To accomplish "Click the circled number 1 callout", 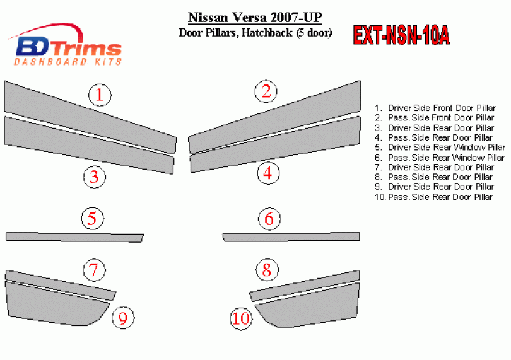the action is (100, 95).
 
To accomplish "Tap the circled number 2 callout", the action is (266, 91).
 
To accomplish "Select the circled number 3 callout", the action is (95, 177).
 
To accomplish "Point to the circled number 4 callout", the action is (268, 173).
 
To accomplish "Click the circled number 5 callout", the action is (93, 218).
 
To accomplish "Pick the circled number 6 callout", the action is (269, 219).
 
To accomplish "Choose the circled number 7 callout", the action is (94, 270).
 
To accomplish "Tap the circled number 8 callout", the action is (267, 270).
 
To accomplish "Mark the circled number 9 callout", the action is (123, 318).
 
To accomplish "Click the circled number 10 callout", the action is (242, 318).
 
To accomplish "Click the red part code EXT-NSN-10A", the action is (401, 35).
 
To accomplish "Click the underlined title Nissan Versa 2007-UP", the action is (255, 18).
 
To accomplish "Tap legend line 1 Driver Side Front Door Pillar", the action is (435, 108).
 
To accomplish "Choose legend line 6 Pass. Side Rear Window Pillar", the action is (440, 158).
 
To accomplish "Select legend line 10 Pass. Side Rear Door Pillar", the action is (433, 197).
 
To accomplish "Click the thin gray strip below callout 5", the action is (74, 237).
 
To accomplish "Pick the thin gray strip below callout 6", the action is (291, 236).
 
